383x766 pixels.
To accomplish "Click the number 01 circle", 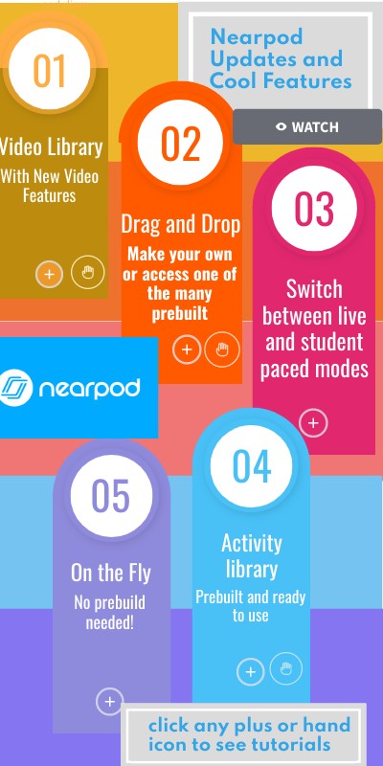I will point(49,70).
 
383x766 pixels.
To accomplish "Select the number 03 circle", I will point(313,209).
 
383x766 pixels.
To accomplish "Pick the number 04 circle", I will point(252,466).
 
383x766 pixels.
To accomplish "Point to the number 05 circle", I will point(110,495).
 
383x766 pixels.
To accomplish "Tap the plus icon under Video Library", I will point(50,275).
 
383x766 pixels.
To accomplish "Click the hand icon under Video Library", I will point(88,273).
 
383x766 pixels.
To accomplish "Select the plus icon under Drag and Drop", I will point(187,350).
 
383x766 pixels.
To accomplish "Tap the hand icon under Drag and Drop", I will point(222,349).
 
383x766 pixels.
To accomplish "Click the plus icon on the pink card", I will point(313,422).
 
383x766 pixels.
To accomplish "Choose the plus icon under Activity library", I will point(251,672).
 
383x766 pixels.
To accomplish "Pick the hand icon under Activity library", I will point(285,668).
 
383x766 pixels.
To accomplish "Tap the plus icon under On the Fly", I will point(110,702).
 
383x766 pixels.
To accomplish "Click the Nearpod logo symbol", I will point(15,387).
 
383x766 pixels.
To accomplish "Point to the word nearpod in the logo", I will point(89,388).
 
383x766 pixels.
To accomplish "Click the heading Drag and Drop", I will point(180,224).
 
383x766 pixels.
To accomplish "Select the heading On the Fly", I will point(110,574).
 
